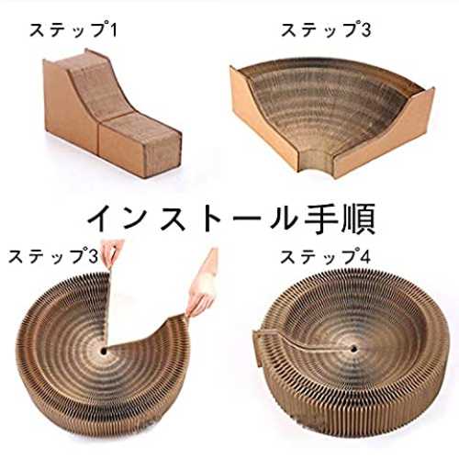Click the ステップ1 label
pos(73,30)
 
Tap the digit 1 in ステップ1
pos(113,30)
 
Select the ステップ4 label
pos(325,256)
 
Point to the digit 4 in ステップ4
pos(364,256)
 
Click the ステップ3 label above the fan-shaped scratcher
pos(326,30)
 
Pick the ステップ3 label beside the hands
pos(52,256)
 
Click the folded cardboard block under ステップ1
pos(113,113)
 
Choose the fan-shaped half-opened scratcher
pos(332,118)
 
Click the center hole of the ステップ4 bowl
pos(354,348)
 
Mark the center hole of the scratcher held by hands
pos(104,351)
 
